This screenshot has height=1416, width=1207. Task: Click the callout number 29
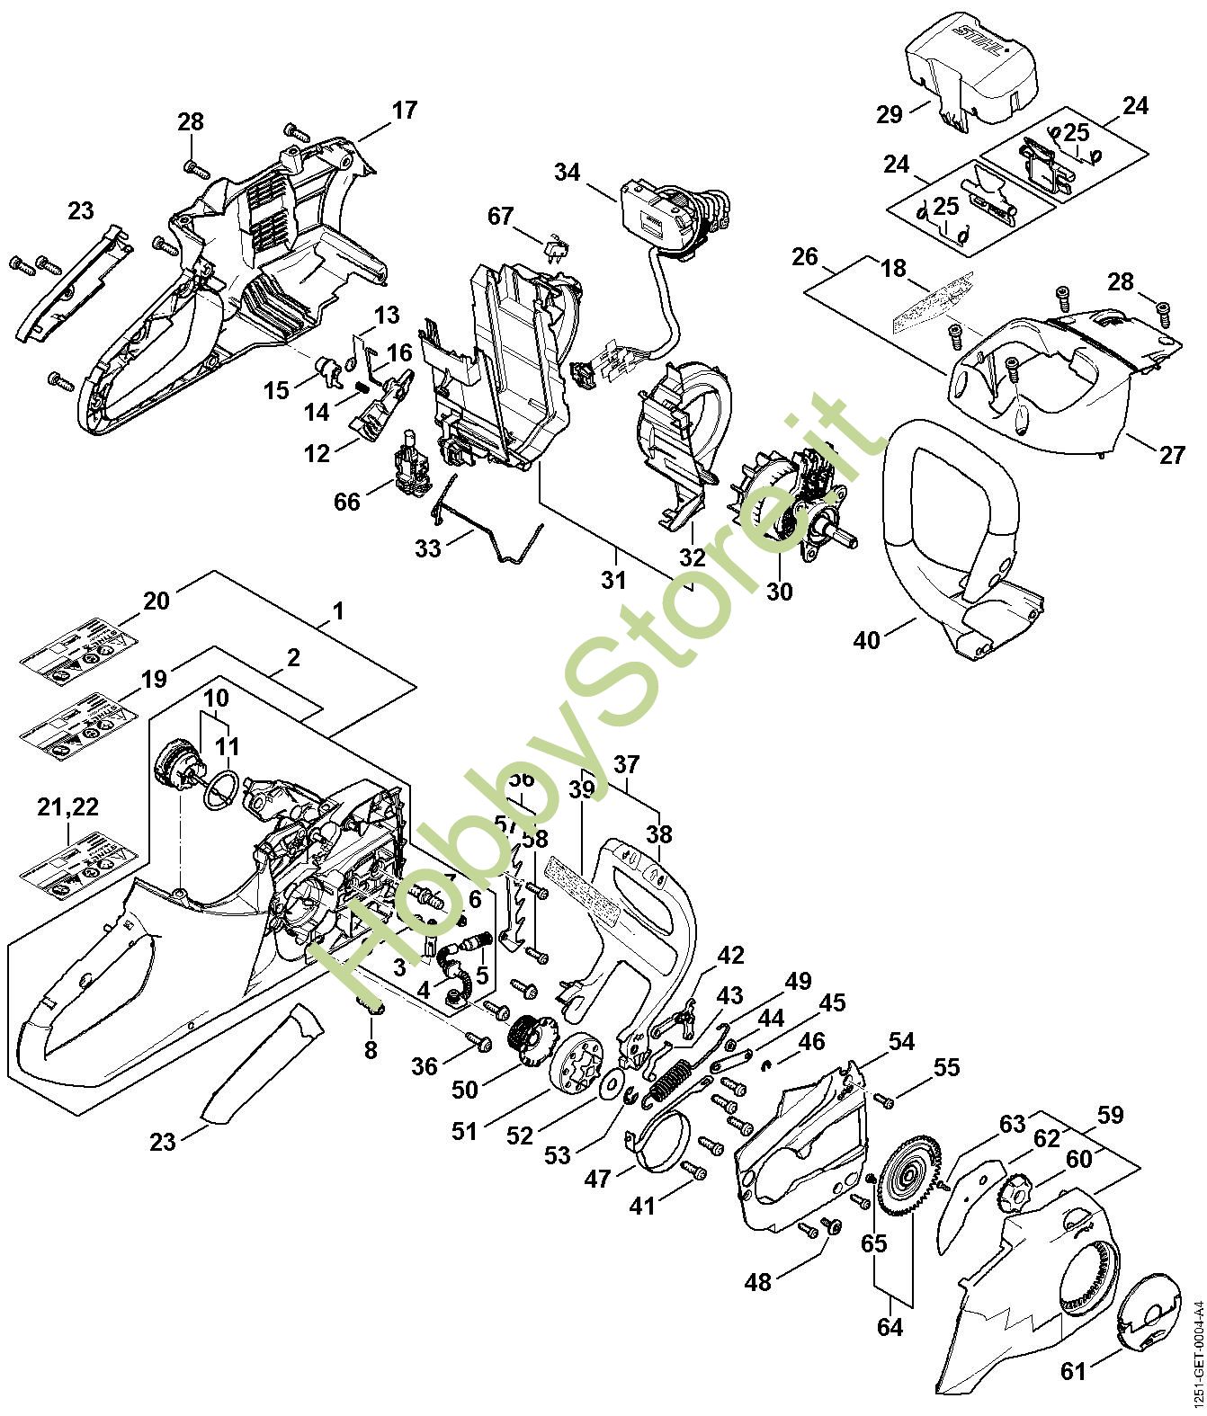(x=890, y=114)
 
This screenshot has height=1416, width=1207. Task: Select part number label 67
(x=501, y=217)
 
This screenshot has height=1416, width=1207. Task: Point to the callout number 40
(x=867, y=640)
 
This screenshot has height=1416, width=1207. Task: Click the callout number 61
(x=1073, y=1371)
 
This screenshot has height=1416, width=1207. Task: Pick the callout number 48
(x=759, y=1281)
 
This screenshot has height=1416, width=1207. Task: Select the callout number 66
(x=347, y=501)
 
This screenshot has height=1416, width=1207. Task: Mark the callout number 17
(x=405, y=111)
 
